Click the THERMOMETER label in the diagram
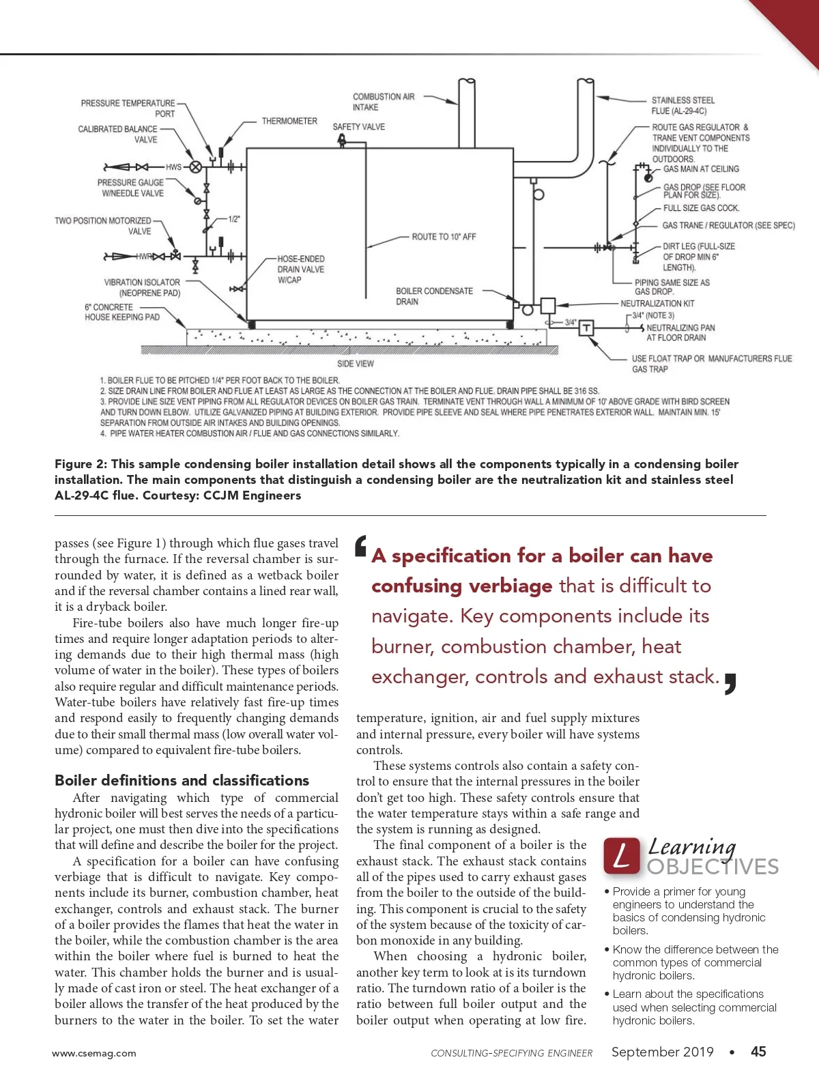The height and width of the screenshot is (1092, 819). click(x=289, y=121)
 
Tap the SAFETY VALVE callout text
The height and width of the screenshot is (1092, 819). click(x=358, y=127)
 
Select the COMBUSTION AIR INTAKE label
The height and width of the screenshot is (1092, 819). click(x=384, y=102)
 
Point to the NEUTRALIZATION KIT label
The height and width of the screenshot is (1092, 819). click(x=657, y=304)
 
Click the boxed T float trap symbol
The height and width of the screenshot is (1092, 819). click(x=587, y=328)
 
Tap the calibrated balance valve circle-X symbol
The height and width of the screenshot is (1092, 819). click(x=196, y=167)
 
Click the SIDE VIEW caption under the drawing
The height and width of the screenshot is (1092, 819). click(x=356, y=364)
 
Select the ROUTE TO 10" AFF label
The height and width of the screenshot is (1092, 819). click(x=444, y=237)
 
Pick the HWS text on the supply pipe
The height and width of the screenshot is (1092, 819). click(x=173, y=167)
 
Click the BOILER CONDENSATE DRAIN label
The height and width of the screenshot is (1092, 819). click(x=434, y=296)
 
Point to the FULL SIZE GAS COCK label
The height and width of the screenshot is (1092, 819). click(x=701, y=208)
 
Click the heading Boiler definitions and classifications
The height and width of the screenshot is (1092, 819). click(x=182, y=780)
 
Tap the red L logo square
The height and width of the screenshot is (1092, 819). click(x=622, y=856)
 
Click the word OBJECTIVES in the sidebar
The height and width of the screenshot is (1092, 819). click(x=713, y=867)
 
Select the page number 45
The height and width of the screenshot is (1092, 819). click(x=758, y=1051)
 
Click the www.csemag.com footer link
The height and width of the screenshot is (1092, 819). click(x=94, y=1053)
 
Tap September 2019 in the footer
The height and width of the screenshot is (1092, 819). click(x=662, y=1052)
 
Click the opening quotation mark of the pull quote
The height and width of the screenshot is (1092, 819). click(x=361, y=545)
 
